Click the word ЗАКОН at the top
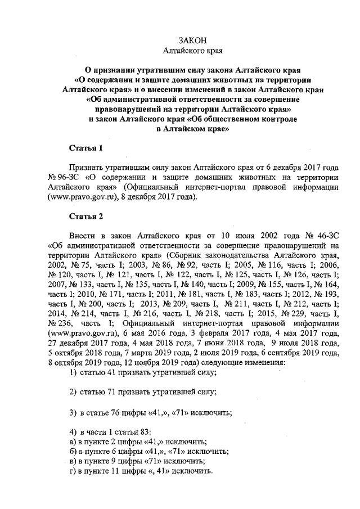pos(193,40)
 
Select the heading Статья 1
pos(85,148)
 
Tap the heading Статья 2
pos(85,216)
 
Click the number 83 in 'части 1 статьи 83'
pos(145,432)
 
